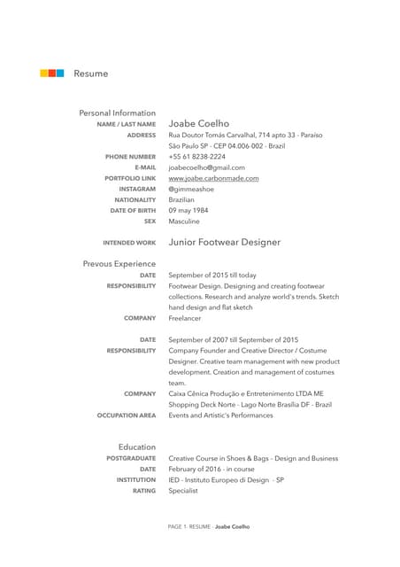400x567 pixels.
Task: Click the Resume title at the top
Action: point(90,74)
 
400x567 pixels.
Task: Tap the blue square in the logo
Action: point(59,73)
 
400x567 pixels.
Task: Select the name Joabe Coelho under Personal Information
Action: point(198,123)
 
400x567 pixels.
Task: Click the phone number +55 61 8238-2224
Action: point(196,156)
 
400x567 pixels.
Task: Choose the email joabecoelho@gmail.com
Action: point(206,167)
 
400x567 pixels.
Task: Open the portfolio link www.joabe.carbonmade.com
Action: point(213,178)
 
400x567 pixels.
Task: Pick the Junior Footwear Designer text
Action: point(224,242)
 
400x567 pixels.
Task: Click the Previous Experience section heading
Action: point(119,264)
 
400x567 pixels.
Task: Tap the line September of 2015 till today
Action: point(212,276)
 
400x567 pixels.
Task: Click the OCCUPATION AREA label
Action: point(127,415)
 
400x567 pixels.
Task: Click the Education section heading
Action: point(137,447)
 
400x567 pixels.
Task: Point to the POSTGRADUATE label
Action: point(131,459)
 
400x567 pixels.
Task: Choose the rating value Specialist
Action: point(184,490)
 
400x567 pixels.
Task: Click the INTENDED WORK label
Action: point(129,243)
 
